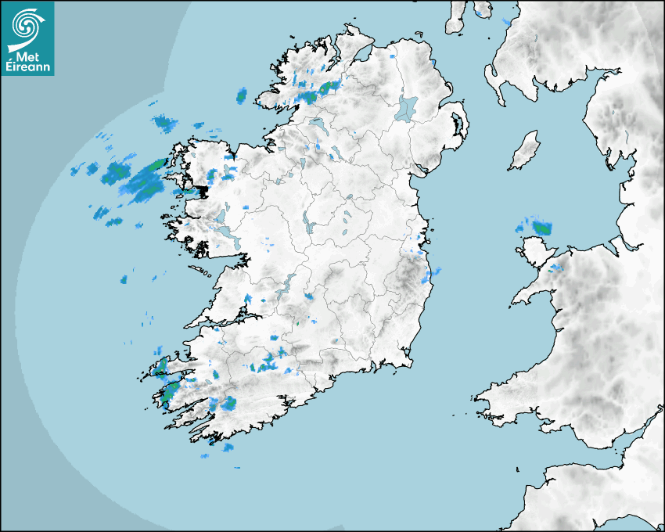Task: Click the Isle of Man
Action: click(524, 151)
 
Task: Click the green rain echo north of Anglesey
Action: click(541, 228)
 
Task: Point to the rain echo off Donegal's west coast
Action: click(242, 95)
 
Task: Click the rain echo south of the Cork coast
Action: click(228, 448)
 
